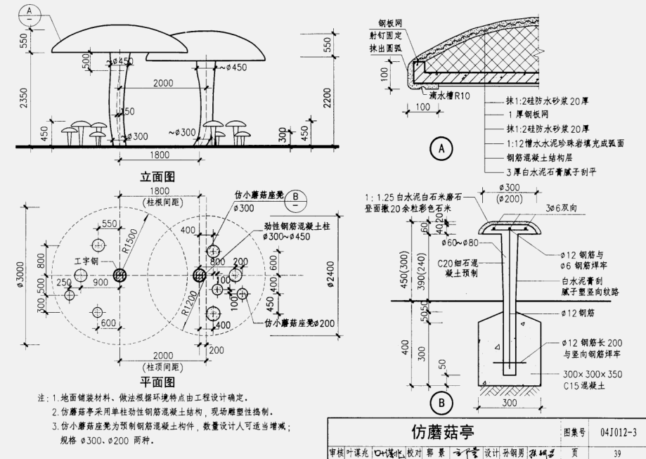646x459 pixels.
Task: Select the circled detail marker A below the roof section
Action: (441, 148)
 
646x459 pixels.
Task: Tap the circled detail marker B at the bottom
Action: (441, 403)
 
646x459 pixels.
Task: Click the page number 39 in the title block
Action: (618, 453)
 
